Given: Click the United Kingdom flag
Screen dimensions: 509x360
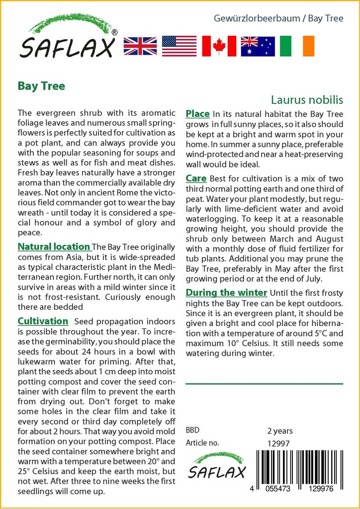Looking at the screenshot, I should pyautogui.click(x=140, y=46).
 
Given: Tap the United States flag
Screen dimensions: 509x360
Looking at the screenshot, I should pyautogui.click(x=179, y=46).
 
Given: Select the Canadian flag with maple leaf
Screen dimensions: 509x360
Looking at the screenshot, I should pyautogui.click(x=219, y=46).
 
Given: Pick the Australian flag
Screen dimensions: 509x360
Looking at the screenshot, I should pyautogui.click(x=258, y=46).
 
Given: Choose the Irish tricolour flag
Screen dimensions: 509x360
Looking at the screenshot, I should pyautogui.click(x=297, y=46).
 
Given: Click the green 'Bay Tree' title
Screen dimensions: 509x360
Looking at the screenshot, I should pyautogui.click(x=41, y=85).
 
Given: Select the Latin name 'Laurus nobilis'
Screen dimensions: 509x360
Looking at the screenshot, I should pyautogui.click(x=307, y=100).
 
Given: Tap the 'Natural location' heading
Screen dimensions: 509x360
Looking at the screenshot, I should pyautogui.click(x=54, y=247).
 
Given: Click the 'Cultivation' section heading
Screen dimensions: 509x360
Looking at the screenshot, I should pyautogui.click(x=43, y=321).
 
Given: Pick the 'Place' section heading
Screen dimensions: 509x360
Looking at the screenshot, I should pyautogui.click(x=197, y=114).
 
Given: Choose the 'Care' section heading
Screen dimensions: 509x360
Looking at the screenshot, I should pyautogui.click(x=196, y=178).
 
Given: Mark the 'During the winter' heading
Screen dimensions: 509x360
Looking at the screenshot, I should pyautogui.click(x=226, y=292).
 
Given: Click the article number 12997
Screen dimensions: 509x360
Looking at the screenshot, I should pyautogui.click(x=278, y=443).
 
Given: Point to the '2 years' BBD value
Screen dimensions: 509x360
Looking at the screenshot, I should pyautogui.click(x=280, y=430).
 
